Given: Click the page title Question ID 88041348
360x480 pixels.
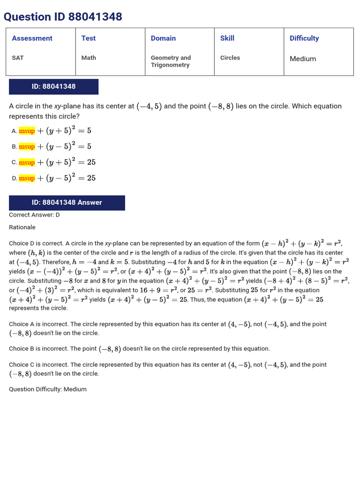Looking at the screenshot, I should (63, 17).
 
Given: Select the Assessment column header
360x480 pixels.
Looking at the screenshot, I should (32, 38).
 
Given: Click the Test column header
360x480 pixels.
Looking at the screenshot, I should (88, 38).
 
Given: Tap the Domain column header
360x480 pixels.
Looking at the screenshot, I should (163, 38).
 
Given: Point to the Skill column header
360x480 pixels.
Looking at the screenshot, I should (227, 38).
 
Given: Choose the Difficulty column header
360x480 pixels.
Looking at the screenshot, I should (304, 38).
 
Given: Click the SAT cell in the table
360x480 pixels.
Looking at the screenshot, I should (18, 58).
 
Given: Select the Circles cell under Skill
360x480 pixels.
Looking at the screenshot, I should (230, 58).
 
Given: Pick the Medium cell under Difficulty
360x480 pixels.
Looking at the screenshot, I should (302, 59).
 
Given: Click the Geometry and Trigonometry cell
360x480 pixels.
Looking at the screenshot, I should (171, 61).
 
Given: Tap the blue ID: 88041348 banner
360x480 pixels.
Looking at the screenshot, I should (53, 87).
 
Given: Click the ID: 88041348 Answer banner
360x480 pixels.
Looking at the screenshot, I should (67, 202).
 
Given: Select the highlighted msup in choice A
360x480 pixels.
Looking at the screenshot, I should (27, 131).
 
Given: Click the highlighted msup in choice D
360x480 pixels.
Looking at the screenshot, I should (27, 178).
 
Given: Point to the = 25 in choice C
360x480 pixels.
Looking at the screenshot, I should (87, 162).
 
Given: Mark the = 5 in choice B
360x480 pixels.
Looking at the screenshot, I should (85, 147).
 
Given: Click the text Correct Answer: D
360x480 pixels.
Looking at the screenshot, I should (34, 215).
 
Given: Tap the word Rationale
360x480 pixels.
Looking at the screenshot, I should (22, 227).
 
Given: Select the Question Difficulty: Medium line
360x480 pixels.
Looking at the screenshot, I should (48, 389).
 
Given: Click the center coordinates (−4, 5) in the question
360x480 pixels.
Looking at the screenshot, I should (149, 106).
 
